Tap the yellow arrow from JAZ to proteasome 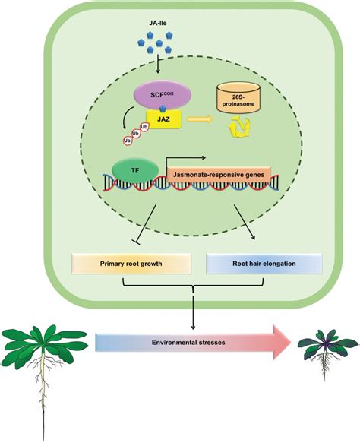(200, 119)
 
